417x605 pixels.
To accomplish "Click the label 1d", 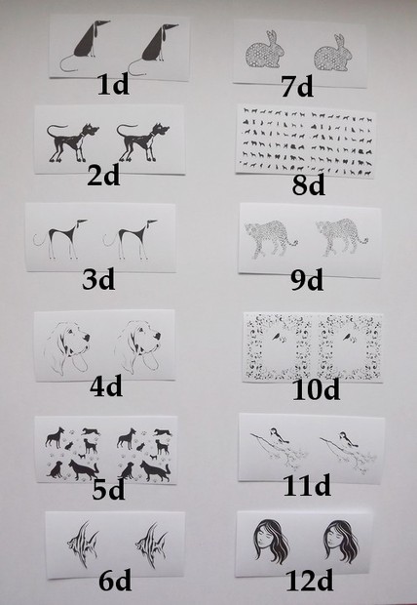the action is (113, 85).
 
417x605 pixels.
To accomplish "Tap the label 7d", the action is (297, 87).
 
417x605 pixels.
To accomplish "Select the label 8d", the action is (308, 184).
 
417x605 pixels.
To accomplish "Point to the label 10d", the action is (316, 389).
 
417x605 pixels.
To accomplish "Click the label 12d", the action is (310, 581).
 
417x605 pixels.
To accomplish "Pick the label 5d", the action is (109, 490).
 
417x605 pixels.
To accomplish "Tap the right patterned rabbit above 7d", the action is (333, 54).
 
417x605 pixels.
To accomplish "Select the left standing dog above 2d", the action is (72, 142).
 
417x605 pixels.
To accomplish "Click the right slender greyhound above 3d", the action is (131, 239).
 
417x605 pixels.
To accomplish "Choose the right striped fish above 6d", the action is (151, 544).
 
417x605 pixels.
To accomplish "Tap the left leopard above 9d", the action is (271, 238).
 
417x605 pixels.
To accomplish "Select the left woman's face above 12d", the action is (271, 542).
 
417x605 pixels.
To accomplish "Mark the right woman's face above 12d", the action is (341, 542).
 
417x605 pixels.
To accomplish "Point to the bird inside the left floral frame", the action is (276, 337).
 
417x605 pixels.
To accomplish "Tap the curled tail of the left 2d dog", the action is (57, 130).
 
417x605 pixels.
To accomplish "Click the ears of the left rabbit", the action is (272, 38).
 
